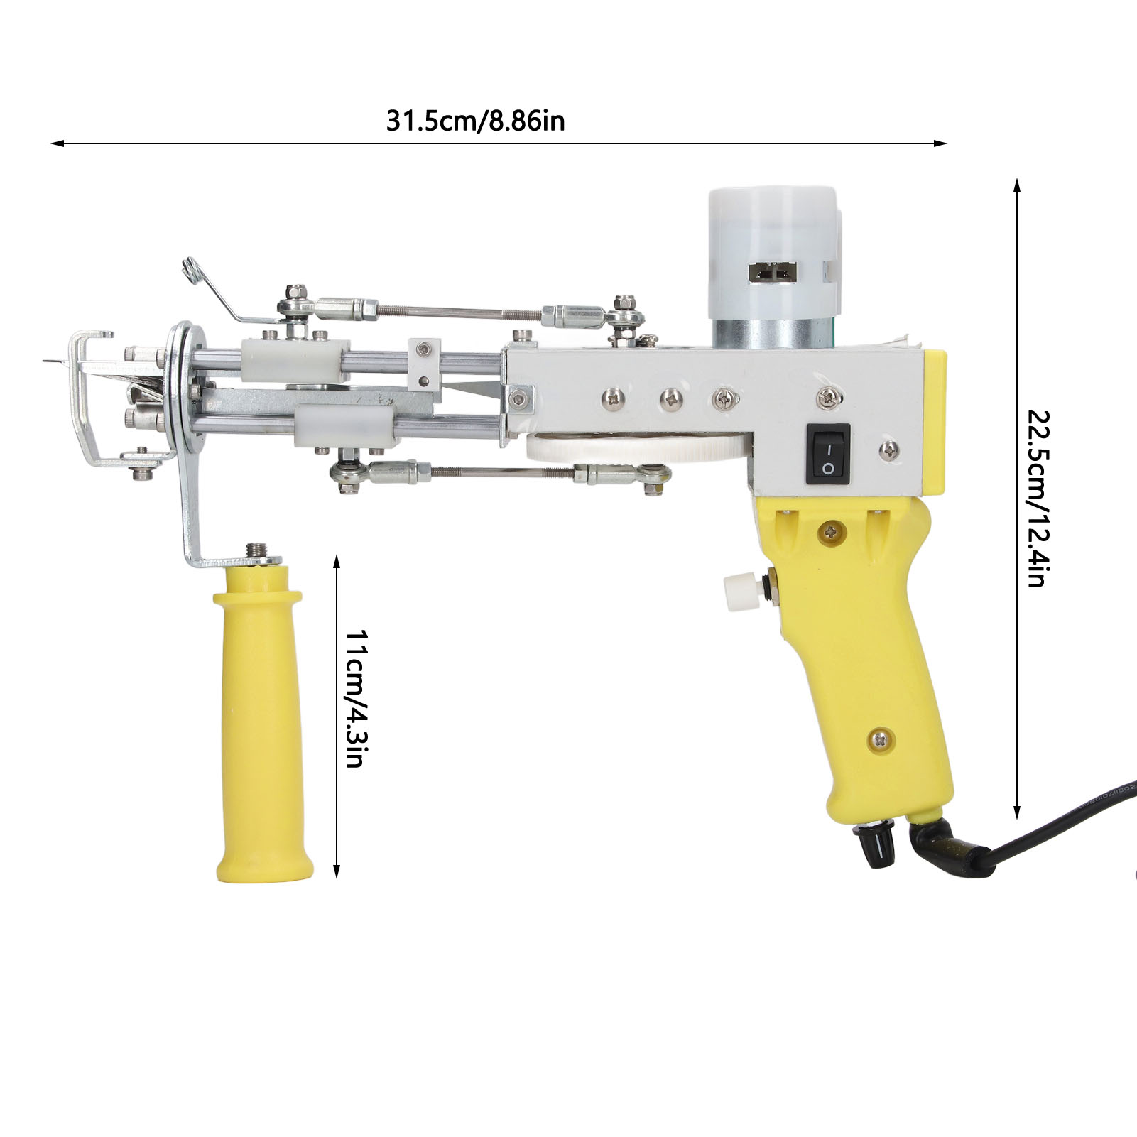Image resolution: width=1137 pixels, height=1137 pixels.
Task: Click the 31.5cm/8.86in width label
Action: point(475,121)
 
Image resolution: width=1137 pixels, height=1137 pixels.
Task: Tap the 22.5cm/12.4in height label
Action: point(1034,497)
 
